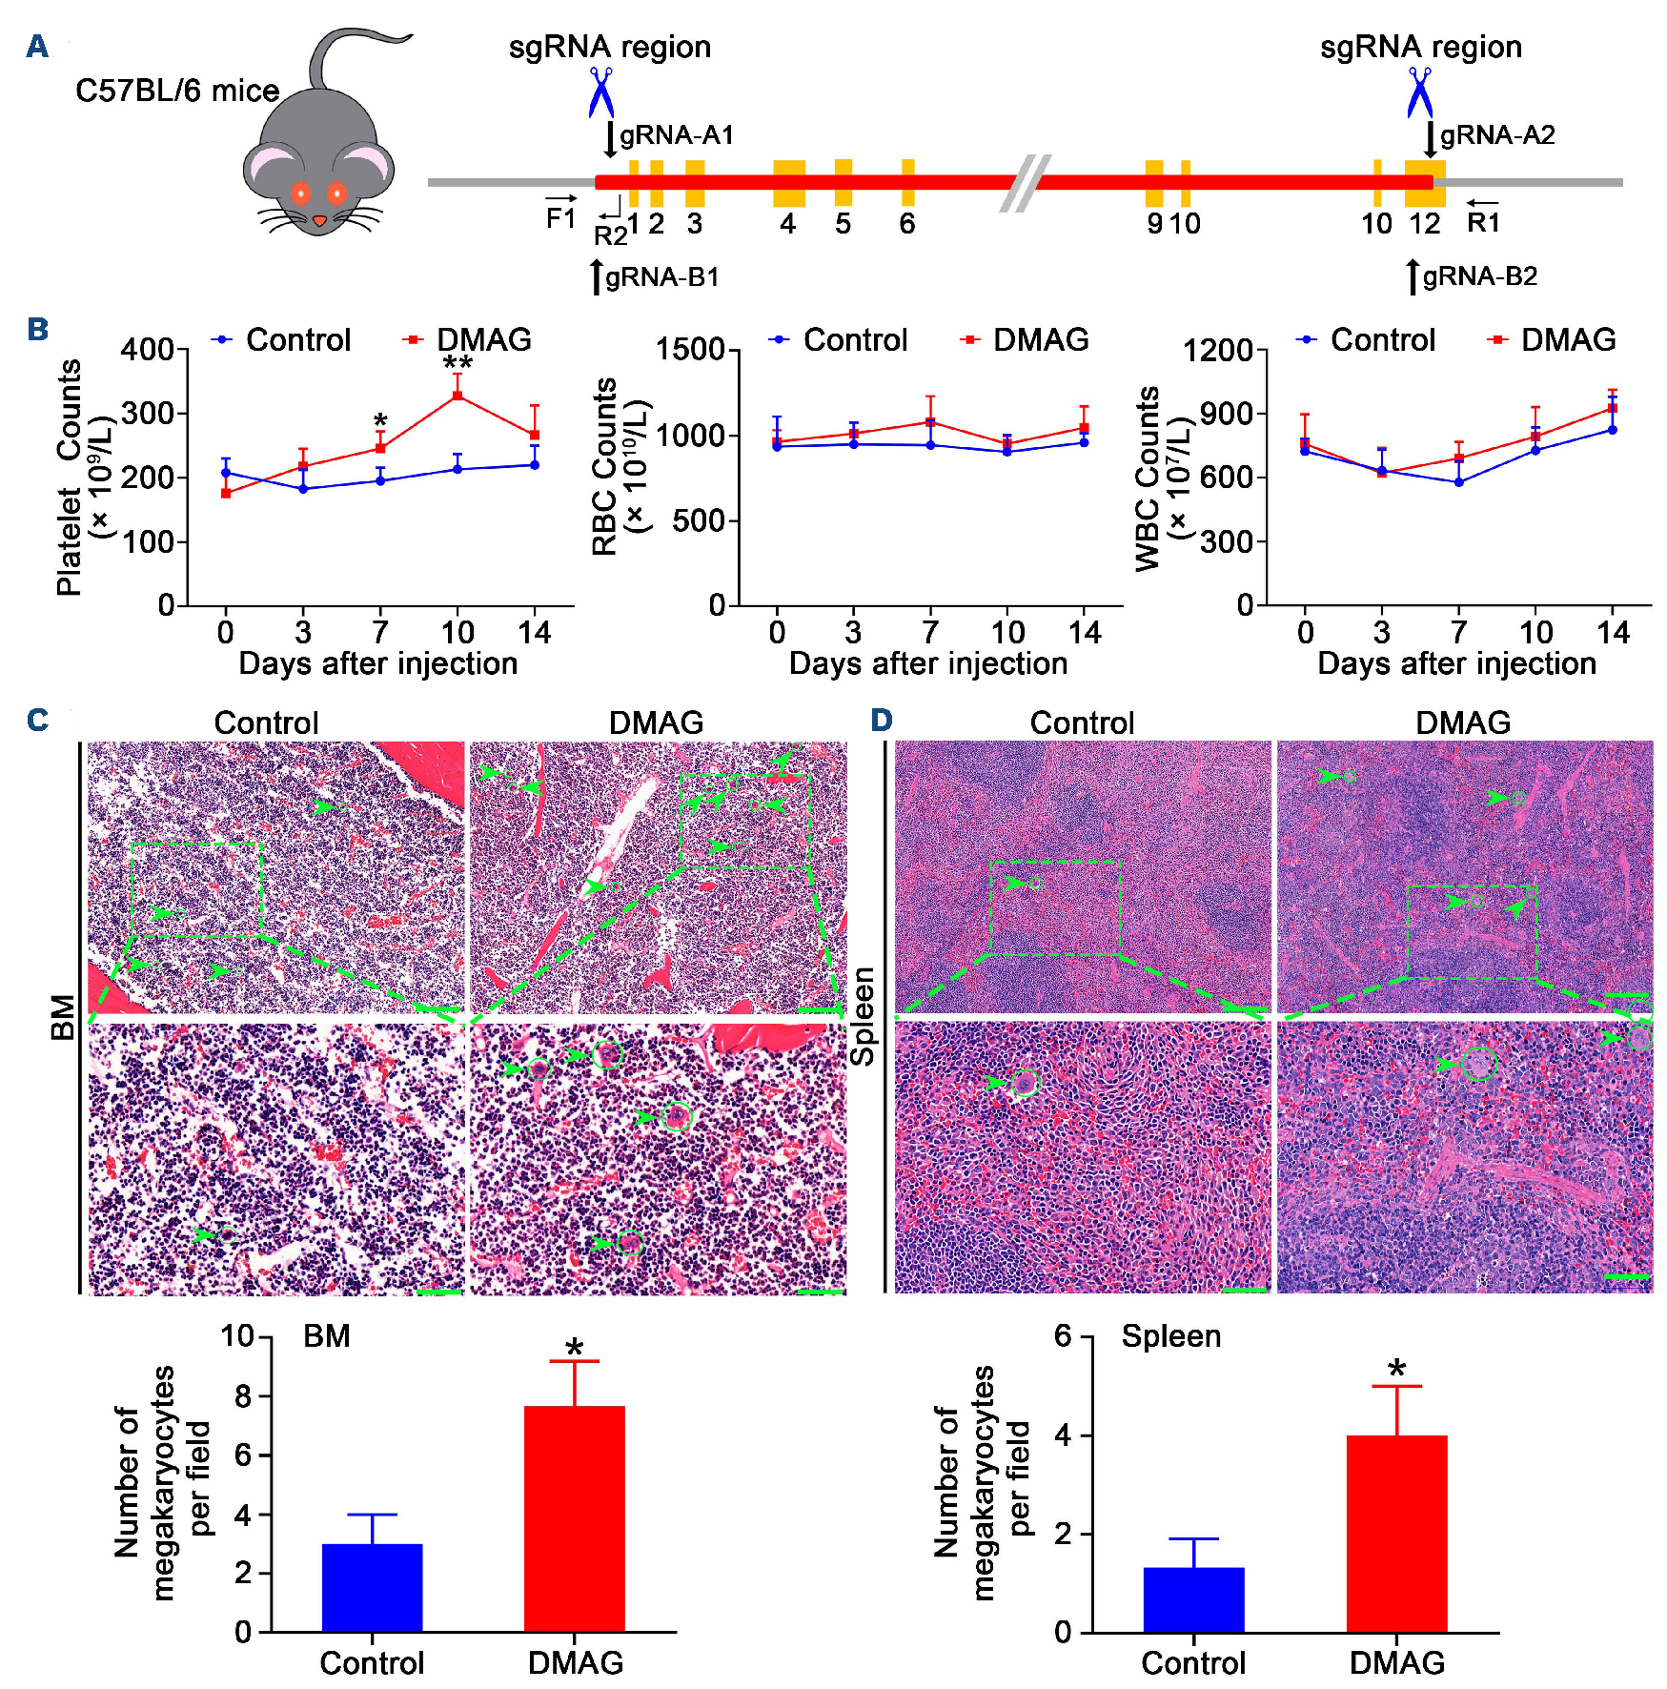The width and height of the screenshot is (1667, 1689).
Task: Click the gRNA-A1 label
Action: (x=676, y=135)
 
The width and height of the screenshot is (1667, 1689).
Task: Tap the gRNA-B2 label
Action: (x=1479, y=276)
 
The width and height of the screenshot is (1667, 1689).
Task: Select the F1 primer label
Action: (x=560, y=218)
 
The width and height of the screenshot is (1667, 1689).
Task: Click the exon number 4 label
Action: (x=787, y=224)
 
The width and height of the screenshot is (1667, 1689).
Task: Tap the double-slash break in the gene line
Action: (x=1026, y=182)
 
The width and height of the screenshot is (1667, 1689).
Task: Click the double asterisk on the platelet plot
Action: (x=457, y=364)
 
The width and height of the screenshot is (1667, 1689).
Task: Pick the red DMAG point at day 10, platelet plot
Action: (x=457, y=395)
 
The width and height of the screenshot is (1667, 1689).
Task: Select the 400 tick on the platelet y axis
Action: (x=147, y=350)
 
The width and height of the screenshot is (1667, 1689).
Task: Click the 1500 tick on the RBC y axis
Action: (x=690, y=350)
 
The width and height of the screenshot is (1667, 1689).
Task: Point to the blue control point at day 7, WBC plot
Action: (x=1458, y=482)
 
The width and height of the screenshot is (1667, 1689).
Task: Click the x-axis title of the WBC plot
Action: (x=1456, y=663)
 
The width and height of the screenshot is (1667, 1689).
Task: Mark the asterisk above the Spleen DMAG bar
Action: (x=1397, y=1370)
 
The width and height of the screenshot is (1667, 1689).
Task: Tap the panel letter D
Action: (x=882, y=720)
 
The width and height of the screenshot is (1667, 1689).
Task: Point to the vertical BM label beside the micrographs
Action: (x=63, y=1017)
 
